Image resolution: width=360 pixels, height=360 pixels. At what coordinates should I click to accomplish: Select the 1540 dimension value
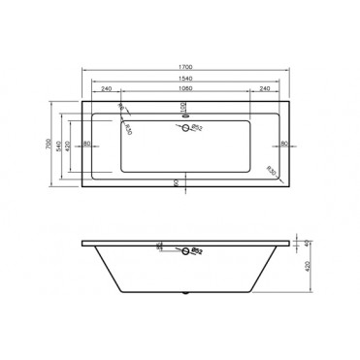click(x=181, y=77)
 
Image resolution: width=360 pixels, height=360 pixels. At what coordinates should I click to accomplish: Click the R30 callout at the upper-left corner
click(x=121, y=109)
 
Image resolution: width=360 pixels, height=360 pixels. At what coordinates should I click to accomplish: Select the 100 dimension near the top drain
click(x=184, y=106)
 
